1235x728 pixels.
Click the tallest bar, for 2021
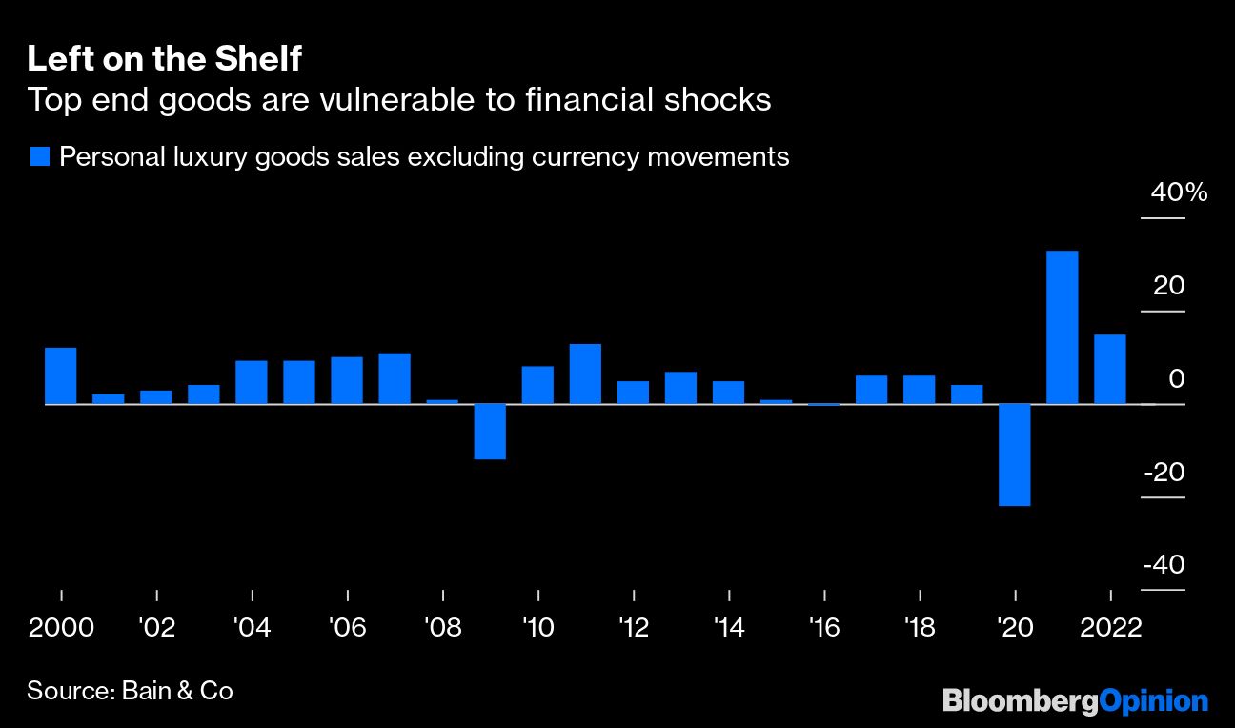coord(1062,327)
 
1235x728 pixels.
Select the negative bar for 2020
coord(1014,455)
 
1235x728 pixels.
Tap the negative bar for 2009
coord(490,432)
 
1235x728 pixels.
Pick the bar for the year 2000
coord(61,375)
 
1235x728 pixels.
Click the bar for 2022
coord(1109,369)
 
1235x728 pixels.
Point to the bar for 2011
coord(585,374)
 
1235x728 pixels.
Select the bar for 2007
coord(395,378)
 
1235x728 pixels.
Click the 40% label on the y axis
coord(1179,193)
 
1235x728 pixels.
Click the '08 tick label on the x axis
coord(443,628)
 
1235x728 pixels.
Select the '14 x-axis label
coord(729,628)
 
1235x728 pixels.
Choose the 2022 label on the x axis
coord(1109,628)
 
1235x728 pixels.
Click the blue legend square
coord(39,157)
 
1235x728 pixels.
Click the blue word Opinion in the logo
coord(1154,702)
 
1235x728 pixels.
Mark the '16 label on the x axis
coord(824,628)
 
